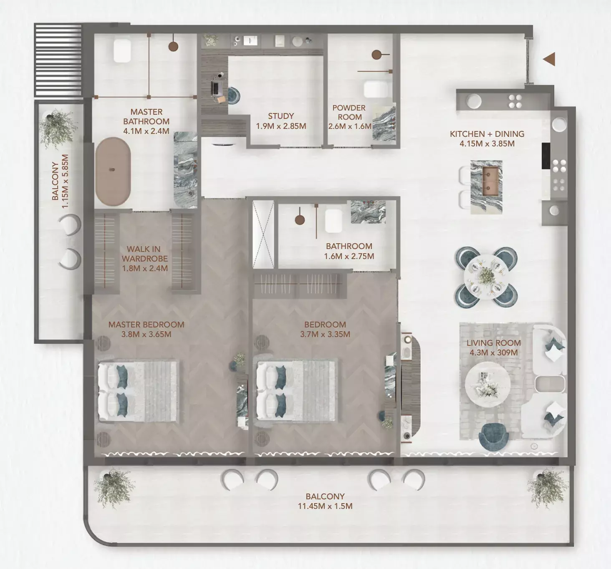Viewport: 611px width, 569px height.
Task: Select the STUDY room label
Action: click(x=281, y=116)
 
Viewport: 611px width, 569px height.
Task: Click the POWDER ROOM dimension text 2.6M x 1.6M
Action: click(x=349, y=126)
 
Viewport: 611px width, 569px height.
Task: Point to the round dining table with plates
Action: click(x=486, y=277)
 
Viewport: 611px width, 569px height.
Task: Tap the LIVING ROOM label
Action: click(x=493, y=343)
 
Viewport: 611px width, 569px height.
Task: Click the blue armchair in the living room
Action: click(x=494, y=436)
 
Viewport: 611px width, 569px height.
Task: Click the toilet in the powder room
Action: click(x=376, y=89)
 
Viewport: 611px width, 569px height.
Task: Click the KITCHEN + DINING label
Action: click(x=487, y=134)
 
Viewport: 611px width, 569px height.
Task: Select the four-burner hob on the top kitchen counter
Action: click(x=515, y=101)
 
